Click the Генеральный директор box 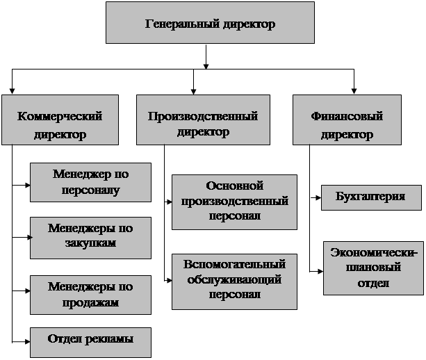click(x=210, y=24)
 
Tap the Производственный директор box click(x=203, y=123)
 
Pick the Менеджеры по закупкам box click(x=91, y=236)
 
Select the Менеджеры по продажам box click(x=91, y=294)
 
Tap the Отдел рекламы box click(x=91, y=340)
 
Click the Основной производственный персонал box click(x=234, y=202)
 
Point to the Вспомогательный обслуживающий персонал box click(x=234, y=280)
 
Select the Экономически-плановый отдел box click(x=374, y=268)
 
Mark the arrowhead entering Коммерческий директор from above click(x=12, y=91)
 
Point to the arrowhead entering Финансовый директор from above click(x=353, y=90)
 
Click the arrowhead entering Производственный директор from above click(x=195, y=90)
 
